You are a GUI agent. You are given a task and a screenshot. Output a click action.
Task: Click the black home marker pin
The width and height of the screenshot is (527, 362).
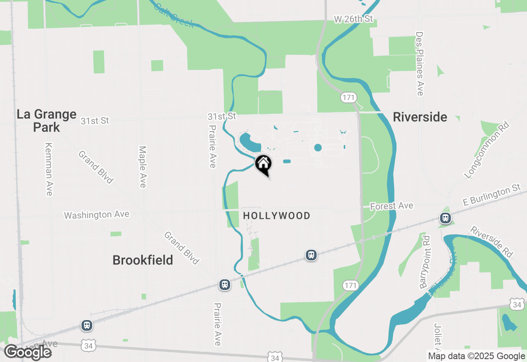pos(263,164)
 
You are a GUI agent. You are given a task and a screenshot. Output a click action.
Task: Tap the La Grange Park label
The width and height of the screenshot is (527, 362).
pos(47,121)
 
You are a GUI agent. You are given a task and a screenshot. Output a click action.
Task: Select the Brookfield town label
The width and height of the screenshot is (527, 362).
pos(142,260)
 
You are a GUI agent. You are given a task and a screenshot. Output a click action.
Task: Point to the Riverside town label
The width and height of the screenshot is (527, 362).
pos(420,117)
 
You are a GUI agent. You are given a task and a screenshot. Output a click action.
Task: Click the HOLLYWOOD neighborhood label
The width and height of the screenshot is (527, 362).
pos(277,216)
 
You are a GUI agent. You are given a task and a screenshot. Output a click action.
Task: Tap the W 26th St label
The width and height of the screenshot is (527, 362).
pos(353,19)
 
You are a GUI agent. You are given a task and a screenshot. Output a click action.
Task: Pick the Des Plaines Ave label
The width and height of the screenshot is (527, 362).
pos(420,64)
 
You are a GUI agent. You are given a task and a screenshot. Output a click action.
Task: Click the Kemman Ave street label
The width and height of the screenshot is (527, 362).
pos(49,169)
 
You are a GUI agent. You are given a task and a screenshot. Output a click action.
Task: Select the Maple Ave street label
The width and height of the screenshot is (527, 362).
pos(142,167)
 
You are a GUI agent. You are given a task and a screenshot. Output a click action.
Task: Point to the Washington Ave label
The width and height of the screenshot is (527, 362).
pos(96,215)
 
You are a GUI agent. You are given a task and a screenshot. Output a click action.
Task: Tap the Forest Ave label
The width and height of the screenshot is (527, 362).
pos(392,206)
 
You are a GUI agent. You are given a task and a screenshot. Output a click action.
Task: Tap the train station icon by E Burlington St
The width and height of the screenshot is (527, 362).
pos(445,218)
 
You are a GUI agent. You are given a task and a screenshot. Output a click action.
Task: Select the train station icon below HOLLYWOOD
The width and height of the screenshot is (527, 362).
pos(311,255)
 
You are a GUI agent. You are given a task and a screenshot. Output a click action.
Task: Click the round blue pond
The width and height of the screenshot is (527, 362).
pos(318,148)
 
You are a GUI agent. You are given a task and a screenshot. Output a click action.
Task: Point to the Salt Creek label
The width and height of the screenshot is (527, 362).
pos(174,16)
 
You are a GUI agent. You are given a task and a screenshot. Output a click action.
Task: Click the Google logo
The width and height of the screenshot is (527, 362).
pos(28,353)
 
